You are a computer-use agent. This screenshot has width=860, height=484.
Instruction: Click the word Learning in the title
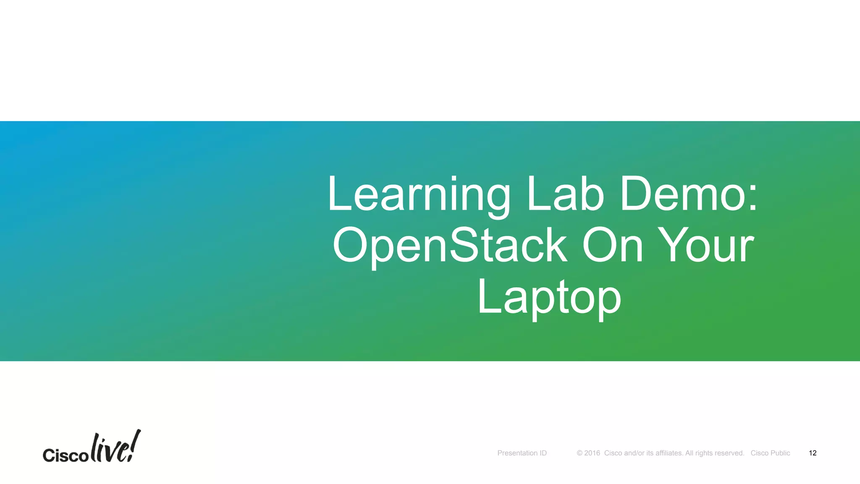coord(419,195)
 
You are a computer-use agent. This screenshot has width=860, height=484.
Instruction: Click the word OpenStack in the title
coord(450,245)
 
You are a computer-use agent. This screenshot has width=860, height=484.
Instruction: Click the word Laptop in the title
coord(549,297)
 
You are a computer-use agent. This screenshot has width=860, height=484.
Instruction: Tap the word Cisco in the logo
coord(66,455)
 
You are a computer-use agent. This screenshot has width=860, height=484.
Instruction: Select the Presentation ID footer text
coord(522,453)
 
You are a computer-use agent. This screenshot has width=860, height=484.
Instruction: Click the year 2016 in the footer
coord(592,453)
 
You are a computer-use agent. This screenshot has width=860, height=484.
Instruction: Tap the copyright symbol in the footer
coord(579,453)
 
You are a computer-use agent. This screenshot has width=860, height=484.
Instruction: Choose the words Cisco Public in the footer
coord(770,453)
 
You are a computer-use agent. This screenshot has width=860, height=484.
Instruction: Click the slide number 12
coord(813,453)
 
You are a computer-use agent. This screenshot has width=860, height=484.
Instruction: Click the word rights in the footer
coord(704,453)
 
